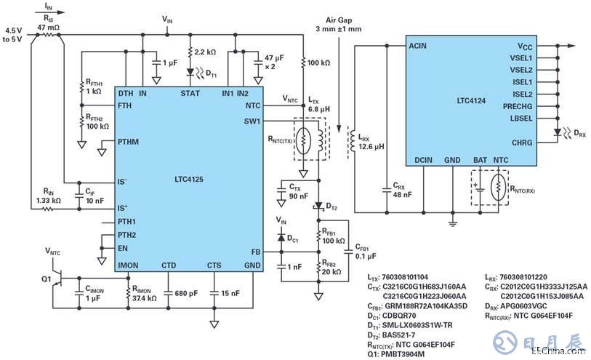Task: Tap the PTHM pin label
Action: pos(128,142)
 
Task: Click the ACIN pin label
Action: pos(418,45)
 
